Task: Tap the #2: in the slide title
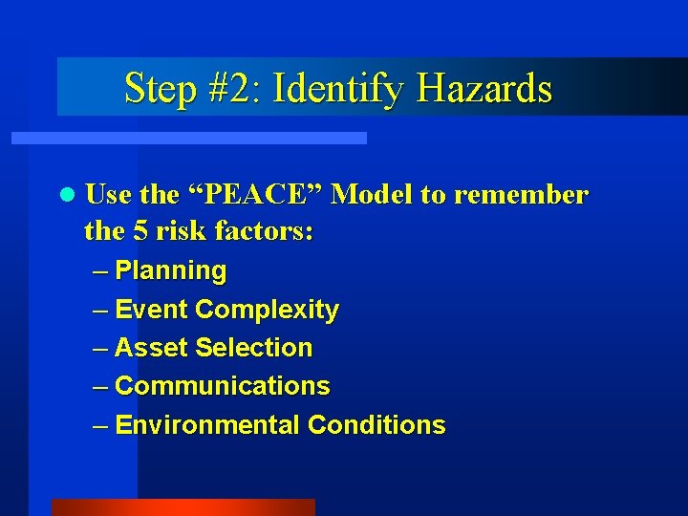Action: [230, 89]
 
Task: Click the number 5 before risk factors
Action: [135, 231]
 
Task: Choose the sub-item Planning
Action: [170, 271]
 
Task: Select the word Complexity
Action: [267, 311]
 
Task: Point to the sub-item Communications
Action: [222, 386]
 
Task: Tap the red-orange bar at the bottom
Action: [183, 507]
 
